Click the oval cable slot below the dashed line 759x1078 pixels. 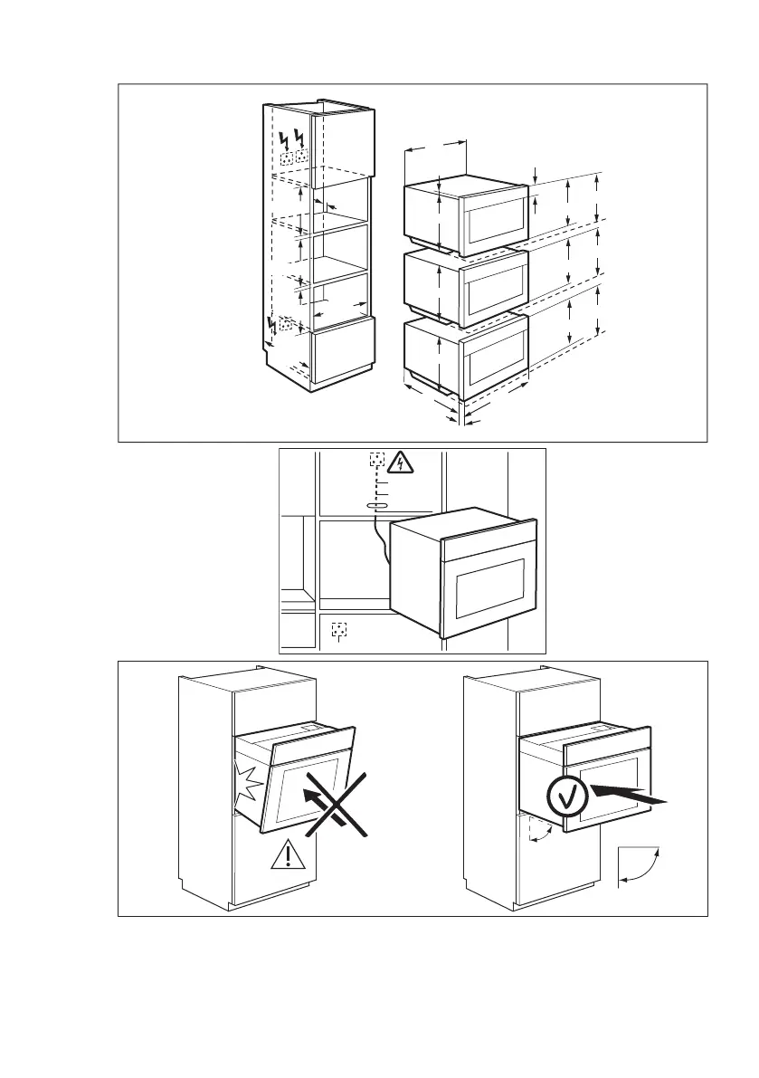pyautogui.click(x=376, y=505)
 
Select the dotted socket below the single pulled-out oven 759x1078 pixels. pyautogui.click(x=339, y=628)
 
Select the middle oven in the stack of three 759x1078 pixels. pyautogui.click(x=465, y=287)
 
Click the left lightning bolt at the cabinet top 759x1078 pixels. pyautogui.click(x=285, y=140)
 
